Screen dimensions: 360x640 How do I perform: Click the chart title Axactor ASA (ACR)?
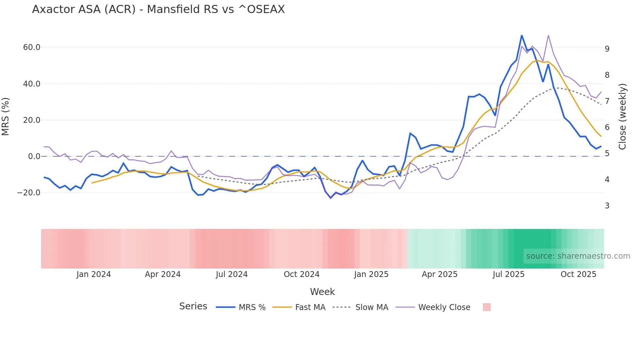tap(158, 9)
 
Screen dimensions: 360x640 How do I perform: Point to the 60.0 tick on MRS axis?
tap(32, 47)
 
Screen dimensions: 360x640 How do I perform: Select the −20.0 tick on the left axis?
tap(29, 193)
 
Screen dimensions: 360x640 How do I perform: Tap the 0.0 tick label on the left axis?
tap(34, 156)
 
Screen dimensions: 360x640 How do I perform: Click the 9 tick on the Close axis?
tap(607, 49)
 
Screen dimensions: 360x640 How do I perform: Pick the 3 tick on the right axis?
tap(607, 206)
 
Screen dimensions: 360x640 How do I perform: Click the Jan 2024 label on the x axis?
tap(94, 274)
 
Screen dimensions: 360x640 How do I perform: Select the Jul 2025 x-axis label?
tap(508, 274)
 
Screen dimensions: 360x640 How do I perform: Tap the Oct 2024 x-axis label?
tap(301, 274)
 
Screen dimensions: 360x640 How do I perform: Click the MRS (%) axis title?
tap(6, 117)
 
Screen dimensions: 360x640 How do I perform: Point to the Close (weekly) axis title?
tap(622, 117)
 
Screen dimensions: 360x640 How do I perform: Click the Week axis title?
tap(322, 292)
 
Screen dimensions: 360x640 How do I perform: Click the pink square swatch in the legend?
tap(487, 307)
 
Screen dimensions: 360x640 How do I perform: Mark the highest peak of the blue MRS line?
tap(521, 35)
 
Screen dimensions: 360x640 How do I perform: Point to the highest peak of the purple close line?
tap(548, 35)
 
